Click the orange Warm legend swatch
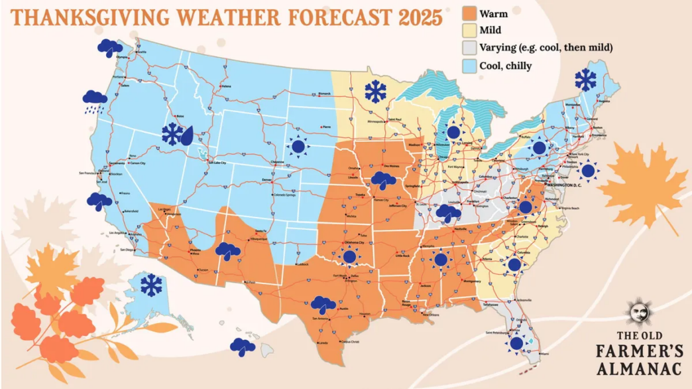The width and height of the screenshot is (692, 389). click(469, 13)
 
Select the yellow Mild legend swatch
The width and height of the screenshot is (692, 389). click(469, 31)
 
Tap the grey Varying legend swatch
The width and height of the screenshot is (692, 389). click(469, 48)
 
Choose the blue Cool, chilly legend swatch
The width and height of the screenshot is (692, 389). click(469, 65)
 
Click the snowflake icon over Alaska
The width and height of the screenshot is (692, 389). click(152, 285)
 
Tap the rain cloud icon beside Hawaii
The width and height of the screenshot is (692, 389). click(243, 347)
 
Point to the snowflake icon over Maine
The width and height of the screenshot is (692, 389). click(586, 80)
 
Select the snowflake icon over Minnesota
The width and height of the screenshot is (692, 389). click(376, 92)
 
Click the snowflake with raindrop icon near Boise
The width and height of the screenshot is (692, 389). click(177, 134)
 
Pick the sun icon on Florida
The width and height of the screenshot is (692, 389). click(516, 343)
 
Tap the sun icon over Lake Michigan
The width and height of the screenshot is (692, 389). click(453, 132)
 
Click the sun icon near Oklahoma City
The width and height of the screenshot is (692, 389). click(349, 257)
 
